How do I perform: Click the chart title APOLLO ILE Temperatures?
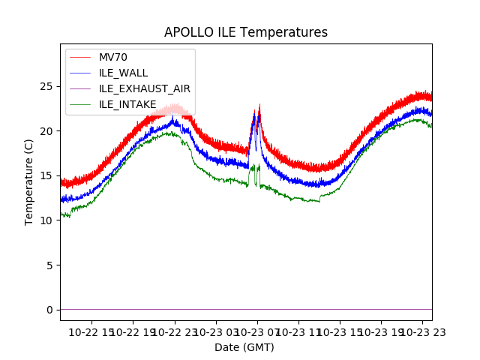(x=246, y=33)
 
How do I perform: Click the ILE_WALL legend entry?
(x=123, y=73)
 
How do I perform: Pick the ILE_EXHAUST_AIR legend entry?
(x=144, y=88)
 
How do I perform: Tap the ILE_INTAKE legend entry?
(x=127, y=104)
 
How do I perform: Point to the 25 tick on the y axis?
(x=47, y=86)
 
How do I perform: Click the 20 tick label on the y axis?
(x=47, y=131)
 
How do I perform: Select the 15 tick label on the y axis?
(x=47, y=175)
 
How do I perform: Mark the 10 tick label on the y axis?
(x=47, y=220)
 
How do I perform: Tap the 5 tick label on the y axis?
(x=50, y=265)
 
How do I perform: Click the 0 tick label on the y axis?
(x=50, y=310)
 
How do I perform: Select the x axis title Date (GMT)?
(x=244, y=347)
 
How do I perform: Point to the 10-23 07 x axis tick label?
(x=257, y=331)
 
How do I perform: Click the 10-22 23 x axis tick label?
(x=175, y=331)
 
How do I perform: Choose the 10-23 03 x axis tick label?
(x=216, y=331)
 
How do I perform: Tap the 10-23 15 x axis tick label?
(x=340, y=331)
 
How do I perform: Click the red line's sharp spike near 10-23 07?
(x=259, y=105)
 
